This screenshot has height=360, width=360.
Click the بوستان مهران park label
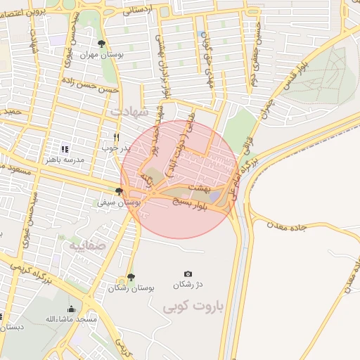click(103, 54)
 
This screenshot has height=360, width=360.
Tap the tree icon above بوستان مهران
click(103, 44)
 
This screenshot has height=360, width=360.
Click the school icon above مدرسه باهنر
click(65, 149)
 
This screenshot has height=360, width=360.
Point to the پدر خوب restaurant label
click(116, 148)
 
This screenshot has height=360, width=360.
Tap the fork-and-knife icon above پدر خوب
click(117, 137)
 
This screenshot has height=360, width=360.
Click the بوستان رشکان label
click(131, 288)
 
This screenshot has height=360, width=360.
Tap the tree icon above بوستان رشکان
click(131, 277)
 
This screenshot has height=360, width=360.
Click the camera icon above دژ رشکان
click(188, 274)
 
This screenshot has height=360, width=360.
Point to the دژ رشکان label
click(188, 285)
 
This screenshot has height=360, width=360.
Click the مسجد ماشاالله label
click(70, 320)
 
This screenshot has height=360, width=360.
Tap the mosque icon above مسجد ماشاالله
click(71, 309)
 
